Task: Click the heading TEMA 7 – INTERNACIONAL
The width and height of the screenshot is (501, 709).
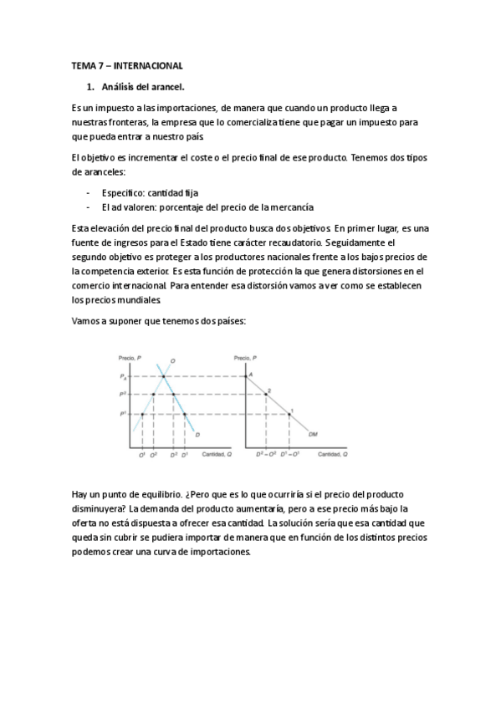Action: (126, 65)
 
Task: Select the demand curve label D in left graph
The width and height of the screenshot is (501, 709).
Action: (197, 434)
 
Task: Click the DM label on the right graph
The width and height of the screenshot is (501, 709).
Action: (313, 434)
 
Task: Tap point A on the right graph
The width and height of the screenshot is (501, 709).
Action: (249, 375)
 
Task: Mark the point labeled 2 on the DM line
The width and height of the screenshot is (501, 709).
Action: (267, 393)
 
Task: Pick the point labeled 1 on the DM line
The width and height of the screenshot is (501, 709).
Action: (289, 413)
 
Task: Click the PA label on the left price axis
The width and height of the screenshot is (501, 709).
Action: (123, 377)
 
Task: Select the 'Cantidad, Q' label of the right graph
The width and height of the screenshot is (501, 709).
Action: (332, 454)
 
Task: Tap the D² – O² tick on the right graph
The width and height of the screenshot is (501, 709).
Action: (266, 454)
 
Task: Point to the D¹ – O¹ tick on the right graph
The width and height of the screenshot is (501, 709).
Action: (289, 454)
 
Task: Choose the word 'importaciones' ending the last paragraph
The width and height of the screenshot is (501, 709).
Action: (220, 553)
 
